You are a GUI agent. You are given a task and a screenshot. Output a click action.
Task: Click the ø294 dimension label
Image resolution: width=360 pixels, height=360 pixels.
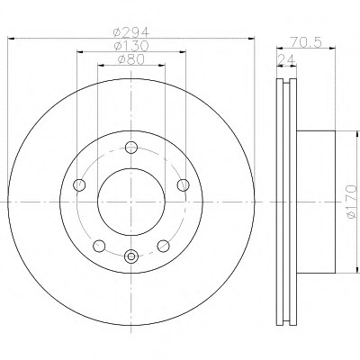click(131, 31)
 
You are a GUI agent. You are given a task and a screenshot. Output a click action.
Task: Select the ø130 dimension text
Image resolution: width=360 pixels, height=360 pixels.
click(131, 46)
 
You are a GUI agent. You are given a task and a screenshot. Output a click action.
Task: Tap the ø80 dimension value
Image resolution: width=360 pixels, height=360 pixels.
click(131, 59)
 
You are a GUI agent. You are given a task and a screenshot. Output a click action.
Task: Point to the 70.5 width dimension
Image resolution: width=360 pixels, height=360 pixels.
click(306, 42)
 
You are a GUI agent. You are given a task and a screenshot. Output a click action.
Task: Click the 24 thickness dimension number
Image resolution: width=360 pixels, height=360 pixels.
click(286, 59)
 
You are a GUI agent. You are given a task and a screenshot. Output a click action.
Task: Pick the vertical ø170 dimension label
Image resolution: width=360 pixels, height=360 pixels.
click(351, 202)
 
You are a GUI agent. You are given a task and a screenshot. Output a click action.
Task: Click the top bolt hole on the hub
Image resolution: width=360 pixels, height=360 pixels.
click(131, 148)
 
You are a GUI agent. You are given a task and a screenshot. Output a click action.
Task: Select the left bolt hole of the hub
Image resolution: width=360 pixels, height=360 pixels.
click(79, 184)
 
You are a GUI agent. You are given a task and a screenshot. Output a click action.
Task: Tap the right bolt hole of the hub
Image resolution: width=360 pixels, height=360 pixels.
click(183, 184)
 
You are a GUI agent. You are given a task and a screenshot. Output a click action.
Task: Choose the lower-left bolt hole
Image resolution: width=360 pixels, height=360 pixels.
click(99, 246)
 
